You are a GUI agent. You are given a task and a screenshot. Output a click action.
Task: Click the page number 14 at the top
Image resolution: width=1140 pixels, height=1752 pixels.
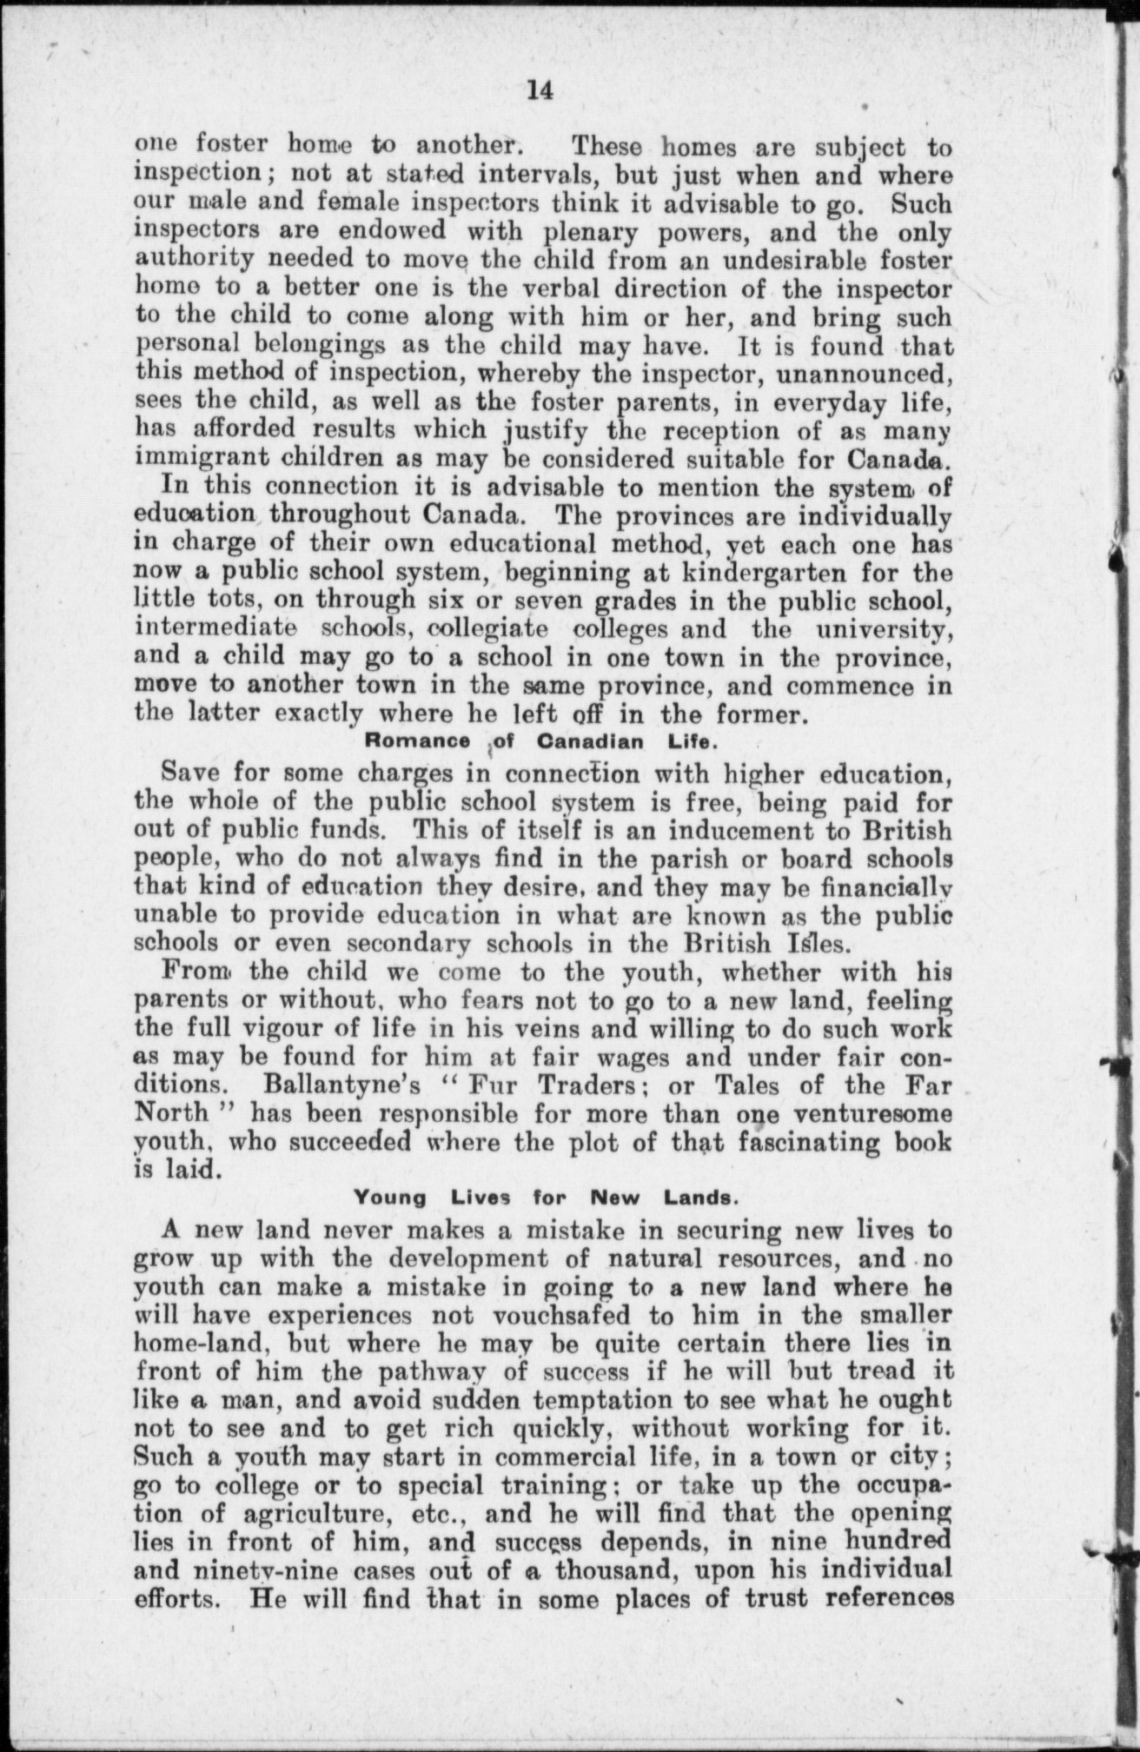[x=540, y=90]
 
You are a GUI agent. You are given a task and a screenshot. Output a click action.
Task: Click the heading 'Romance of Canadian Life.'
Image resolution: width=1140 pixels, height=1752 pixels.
[x=540, y=742]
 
